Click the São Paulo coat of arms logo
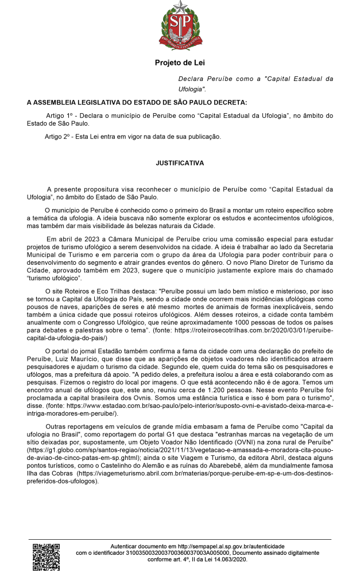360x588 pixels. point(180,26)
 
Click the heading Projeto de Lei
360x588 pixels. point(180,63)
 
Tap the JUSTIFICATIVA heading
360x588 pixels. point(180,163)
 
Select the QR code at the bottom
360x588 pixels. point(46,556)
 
